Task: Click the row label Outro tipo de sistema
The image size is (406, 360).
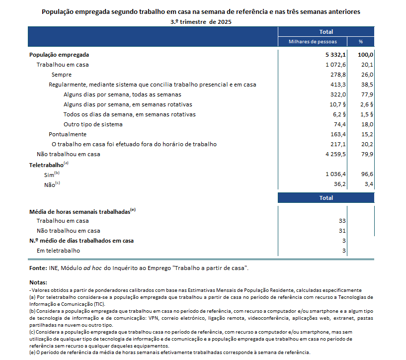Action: [93, 124]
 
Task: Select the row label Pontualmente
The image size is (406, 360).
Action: [68, 134]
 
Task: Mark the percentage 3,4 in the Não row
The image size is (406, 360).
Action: [368, 184]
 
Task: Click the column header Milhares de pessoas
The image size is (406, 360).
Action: [313, 42]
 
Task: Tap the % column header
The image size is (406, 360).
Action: [361, 42]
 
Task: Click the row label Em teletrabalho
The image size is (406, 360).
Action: [58, 251]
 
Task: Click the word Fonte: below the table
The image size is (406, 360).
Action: [38, 269]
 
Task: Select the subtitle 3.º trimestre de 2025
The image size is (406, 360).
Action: [201, 22]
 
